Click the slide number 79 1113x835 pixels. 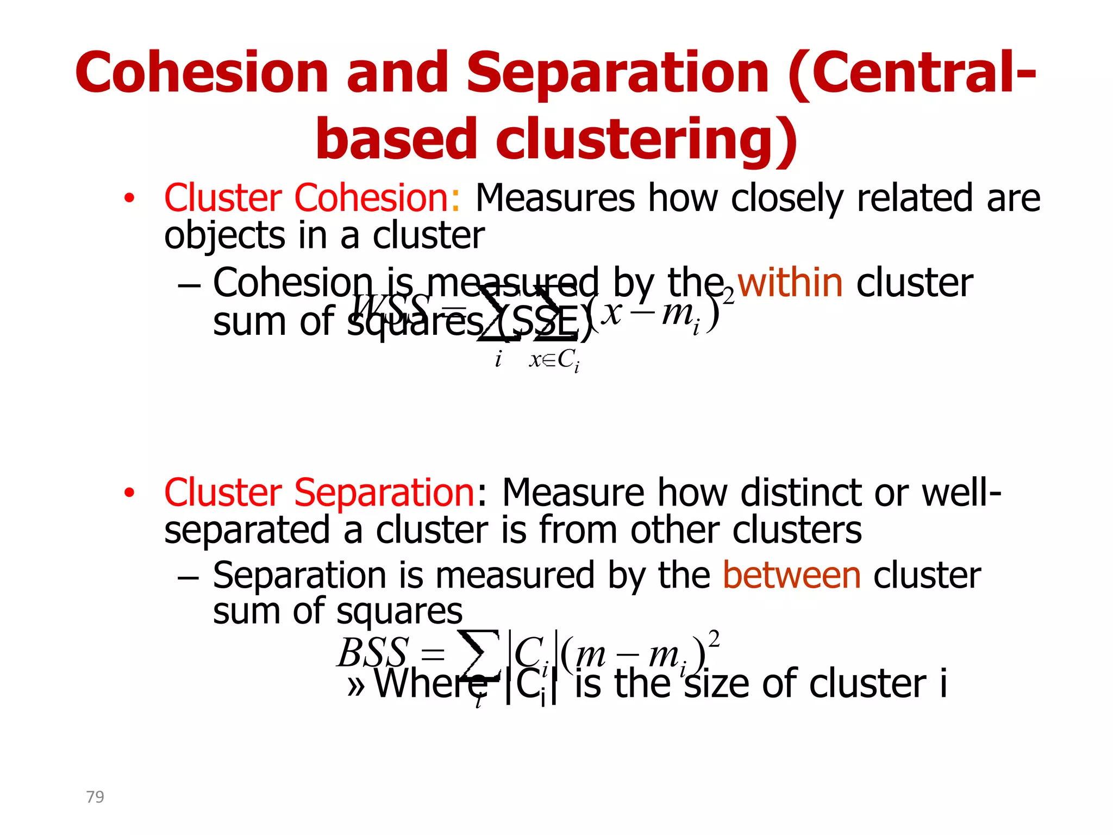(95, 796)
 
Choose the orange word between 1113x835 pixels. (791, 576)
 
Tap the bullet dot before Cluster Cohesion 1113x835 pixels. (129, 198)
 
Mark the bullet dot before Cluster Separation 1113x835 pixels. (129, 493)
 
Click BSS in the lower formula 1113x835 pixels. (372, 652)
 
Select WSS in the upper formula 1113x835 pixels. (390, 308)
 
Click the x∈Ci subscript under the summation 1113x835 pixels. (554, 360)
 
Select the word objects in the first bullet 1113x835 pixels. (224, 236)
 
